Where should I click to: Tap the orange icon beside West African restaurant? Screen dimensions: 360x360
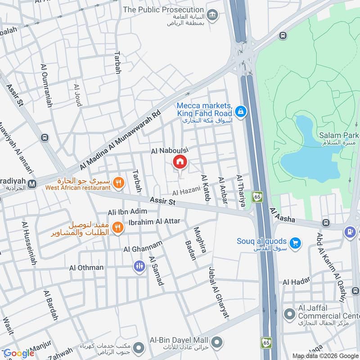pos(118,183)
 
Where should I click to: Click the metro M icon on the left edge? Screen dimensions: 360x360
pos(32,184)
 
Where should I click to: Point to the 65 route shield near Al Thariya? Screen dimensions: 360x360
pos(257,197)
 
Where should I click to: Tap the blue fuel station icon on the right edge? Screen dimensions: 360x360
pos(349,232)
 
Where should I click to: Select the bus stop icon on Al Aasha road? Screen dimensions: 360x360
pos(326,223)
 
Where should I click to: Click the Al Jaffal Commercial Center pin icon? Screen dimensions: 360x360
pos(289,313)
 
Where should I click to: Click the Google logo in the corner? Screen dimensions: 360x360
pos(19,353)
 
